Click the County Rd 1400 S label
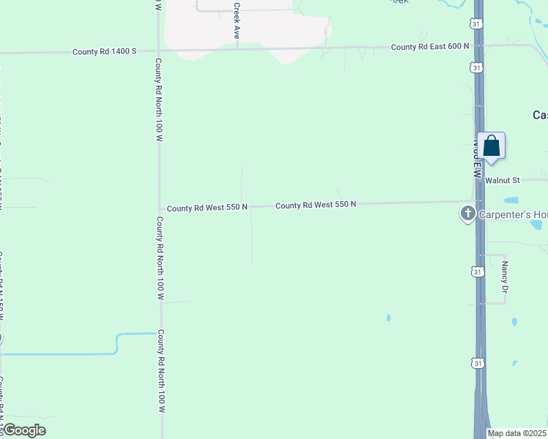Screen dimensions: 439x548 tap(105, 51)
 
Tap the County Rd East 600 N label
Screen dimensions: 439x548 tap(429, 46)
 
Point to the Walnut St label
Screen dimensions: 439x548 tap(502, 179)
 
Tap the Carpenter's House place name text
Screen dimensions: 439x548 tap(513, 214)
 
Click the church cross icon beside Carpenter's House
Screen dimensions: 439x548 tap(467, 214)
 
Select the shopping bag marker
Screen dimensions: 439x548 tap(492, 146)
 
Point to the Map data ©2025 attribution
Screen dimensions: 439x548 tap(516, 433)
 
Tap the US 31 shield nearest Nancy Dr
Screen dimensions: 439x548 tap(477, 271)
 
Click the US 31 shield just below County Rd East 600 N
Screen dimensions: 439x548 tap(477, 67)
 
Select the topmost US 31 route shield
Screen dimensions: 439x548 tap(477, 23)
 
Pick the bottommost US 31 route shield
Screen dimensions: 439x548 tap(477, 362)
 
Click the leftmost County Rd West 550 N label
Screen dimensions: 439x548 tap(207, 209)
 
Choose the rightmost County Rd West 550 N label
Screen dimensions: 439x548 tap(316, 205)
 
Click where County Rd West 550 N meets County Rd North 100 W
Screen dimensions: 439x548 tap(160, 209)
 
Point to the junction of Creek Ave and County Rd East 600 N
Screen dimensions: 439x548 tap(237, 49)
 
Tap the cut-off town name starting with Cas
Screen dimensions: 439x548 tap(539, 115)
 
